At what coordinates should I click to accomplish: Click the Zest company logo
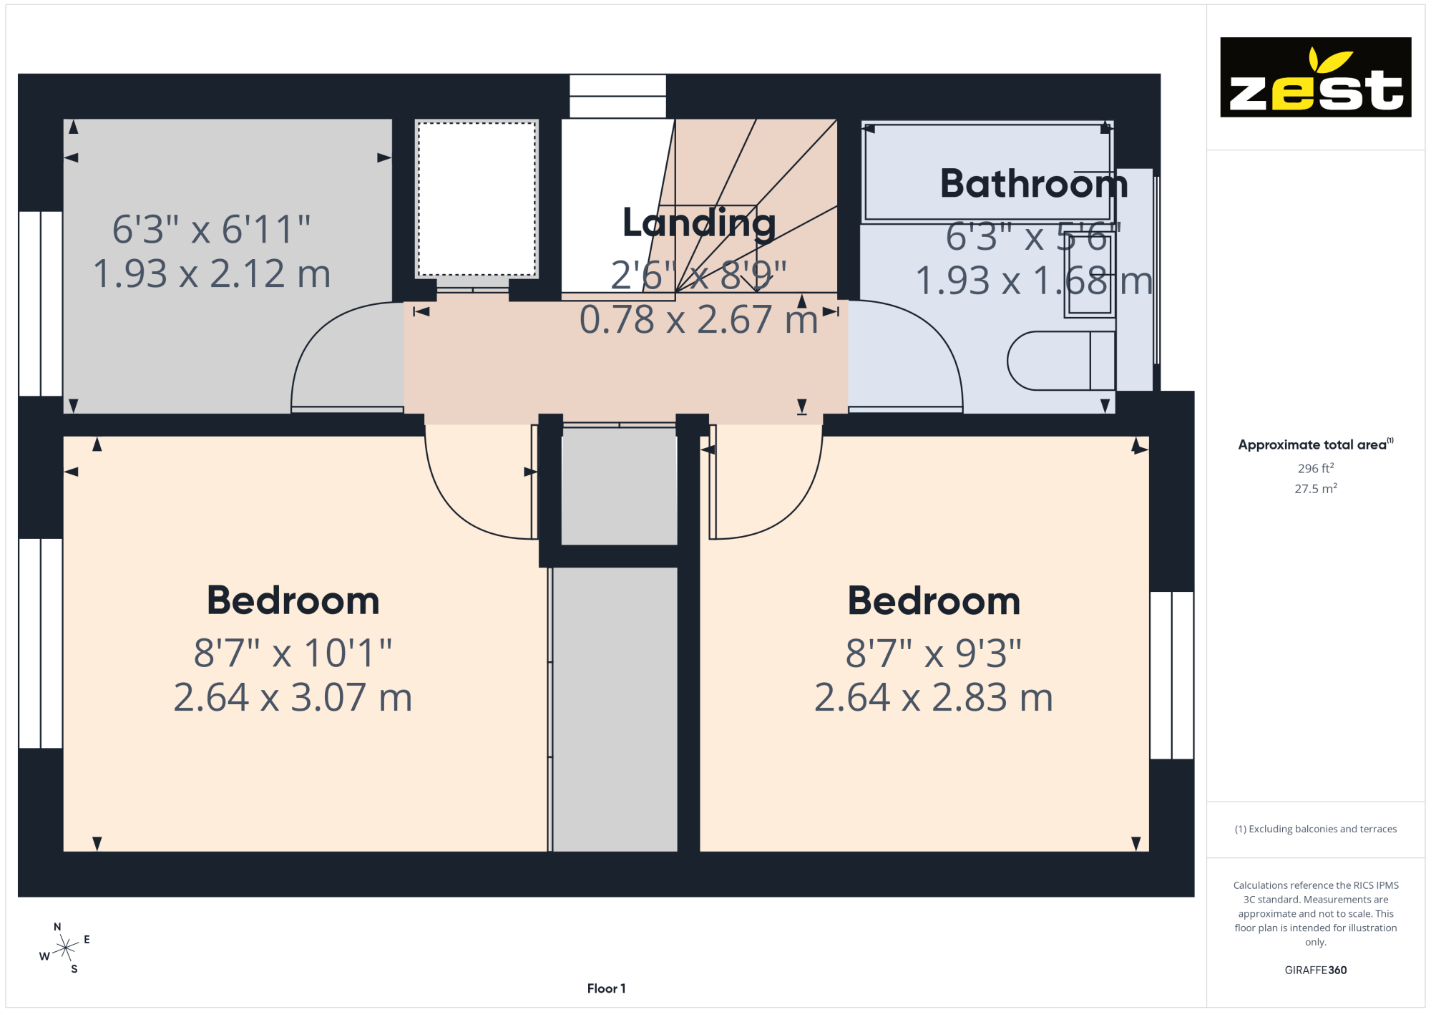coord(1315,77)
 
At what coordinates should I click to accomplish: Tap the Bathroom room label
coord(1034,183)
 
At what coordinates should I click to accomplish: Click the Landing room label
coord(699,223)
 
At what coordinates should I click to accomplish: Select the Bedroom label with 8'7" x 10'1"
coord(293,600)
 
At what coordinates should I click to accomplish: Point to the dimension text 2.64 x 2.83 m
coord(934,697)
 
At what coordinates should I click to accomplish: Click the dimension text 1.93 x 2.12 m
coord(212,274)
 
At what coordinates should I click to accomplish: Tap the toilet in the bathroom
coord(1061,361)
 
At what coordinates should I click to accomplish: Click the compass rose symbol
coord(65,948)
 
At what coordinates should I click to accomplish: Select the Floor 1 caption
coord(606,988)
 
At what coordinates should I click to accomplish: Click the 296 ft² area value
coord(1316,468)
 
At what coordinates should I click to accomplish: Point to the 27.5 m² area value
coord(1316,488)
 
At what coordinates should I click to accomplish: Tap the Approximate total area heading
coord(1316,444)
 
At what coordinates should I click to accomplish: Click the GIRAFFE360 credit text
coord(1316,970)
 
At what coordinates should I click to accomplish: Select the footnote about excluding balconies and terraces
coord(1316,829)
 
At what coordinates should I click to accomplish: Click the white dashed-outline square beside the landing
coord(477,198)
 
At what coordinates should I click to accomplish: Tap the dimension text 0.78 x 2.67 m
coord(699,319)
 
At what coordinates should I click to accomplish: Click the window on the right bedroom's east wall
coord(1172,675)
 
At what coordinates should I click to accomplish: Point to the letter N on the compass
coord(57,927)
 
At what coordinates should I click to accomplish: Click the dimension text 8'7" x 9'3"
coord(934,653)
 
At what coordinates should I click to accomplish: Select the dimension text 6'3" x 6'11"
coord(212,230)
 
